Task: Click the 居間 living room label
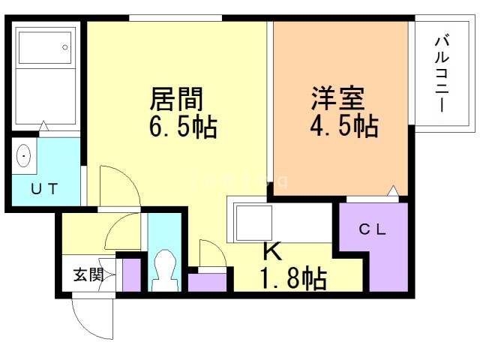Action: coord(178,98)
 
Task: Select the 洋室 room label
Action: coord(337,97)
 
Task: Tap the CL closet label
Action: coord(372,231)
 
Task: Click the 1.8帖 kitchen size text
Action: coord(292,278)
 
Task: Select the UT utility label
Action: coord(43,189)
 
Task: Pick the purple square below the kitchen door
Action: coord(206,282)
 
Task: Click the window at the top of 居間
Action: coord(175,17)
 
